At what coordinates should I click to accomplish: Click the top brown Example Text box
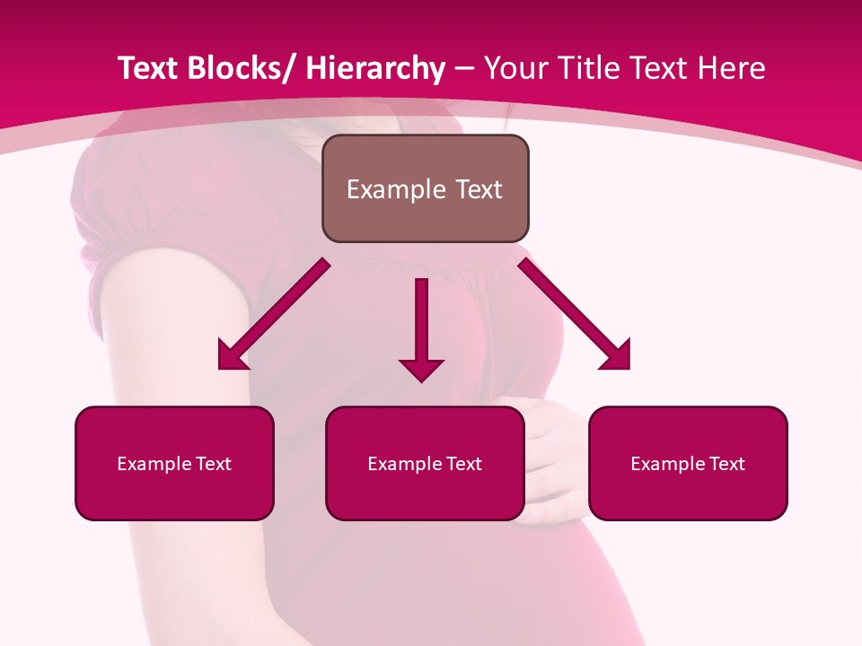(x=425, y=188)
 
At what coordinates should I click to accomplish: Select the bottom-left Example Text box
(x=174, y=463)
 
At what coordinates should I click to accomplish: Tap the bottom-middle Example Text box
(x=425, y=463)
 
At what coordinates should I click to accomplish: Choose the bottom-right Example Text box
(x=688, y=463)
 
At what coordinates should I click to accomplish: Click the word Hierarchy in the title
(x=376, y=69)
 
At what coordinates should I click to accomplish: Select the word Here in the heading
(x=732, y=69)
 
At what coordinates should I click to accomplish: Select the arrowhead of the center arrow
(x=421, y=369)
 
